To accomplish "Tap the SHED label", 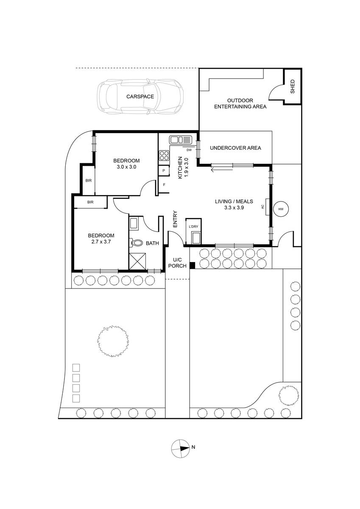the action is tap(293, 87).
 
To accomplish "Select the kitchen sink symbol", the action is tap(181, 139).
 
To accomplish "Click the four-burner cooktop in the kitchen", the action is tap(164, 156).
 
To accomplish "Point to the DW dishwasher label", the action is tap(189, 150).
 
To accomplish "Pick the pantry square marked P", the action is tap(164, 171).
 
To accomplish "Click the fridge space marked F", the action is tap(164, 185).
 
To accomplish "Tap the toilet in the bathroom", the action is tap(136, 243).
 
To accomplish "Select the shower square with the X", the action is tap(138, 261).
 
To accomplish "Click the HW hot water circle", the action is tap(281, 209).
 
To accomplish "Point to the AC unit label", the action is tap(262, 207).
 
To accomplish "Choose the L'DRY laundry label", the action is tap(193, 227).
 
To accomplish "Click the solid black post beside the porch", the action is tap(193, 265).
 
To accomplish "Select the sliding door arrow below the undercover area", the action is tap(222, 169).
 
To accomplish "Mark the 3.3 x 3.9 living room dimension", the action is tap(234, 207).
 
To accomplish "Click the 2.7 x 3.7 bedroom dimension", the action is tap(101, 241).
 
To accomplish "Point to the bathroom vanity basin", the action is tap(133, 223).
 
